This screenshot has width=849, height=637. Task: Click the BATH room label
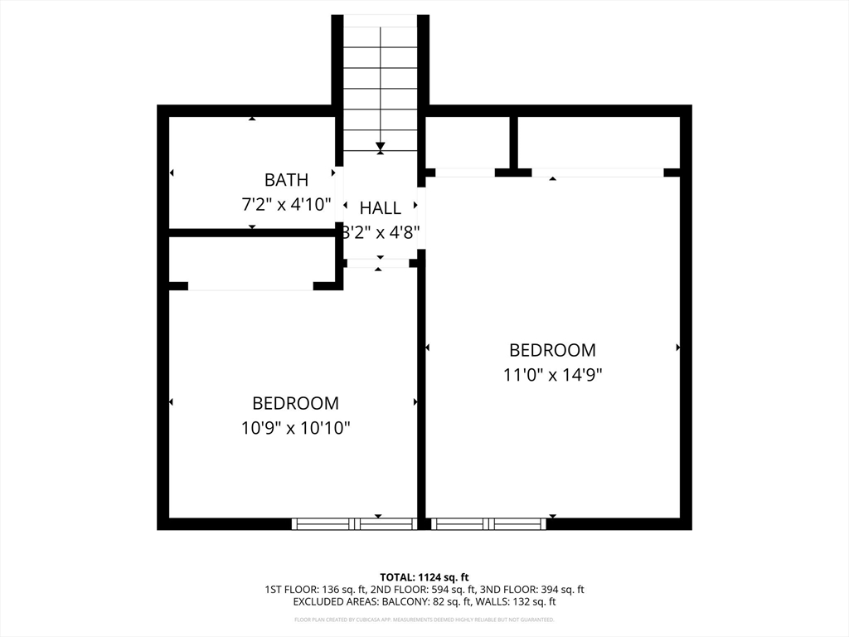286,179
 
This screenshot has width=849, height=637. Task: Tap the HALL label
381,208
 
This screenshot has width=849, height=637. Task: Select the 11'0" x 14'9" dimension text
552,374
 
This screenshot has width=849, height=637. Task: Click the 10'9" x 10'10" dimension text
296,428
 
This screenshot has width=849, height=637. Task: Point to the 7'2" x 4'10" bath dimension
286,203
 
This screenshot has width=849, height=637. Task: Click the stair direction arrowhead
381,147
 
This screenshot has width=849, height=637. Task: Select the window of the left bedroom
354,523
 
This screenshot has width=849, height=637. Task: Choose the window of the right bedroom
488,523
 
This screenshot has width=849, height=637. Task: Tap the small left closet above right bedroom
467,142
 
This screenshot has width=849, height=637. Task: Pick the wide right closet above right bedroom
599,142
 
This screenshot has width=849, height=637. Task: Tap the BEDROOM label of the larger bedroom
552,350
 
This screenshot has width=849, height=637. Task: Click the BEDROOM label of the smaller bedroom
296,403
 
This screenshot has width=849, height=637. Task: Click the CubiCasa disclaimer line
424,620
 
